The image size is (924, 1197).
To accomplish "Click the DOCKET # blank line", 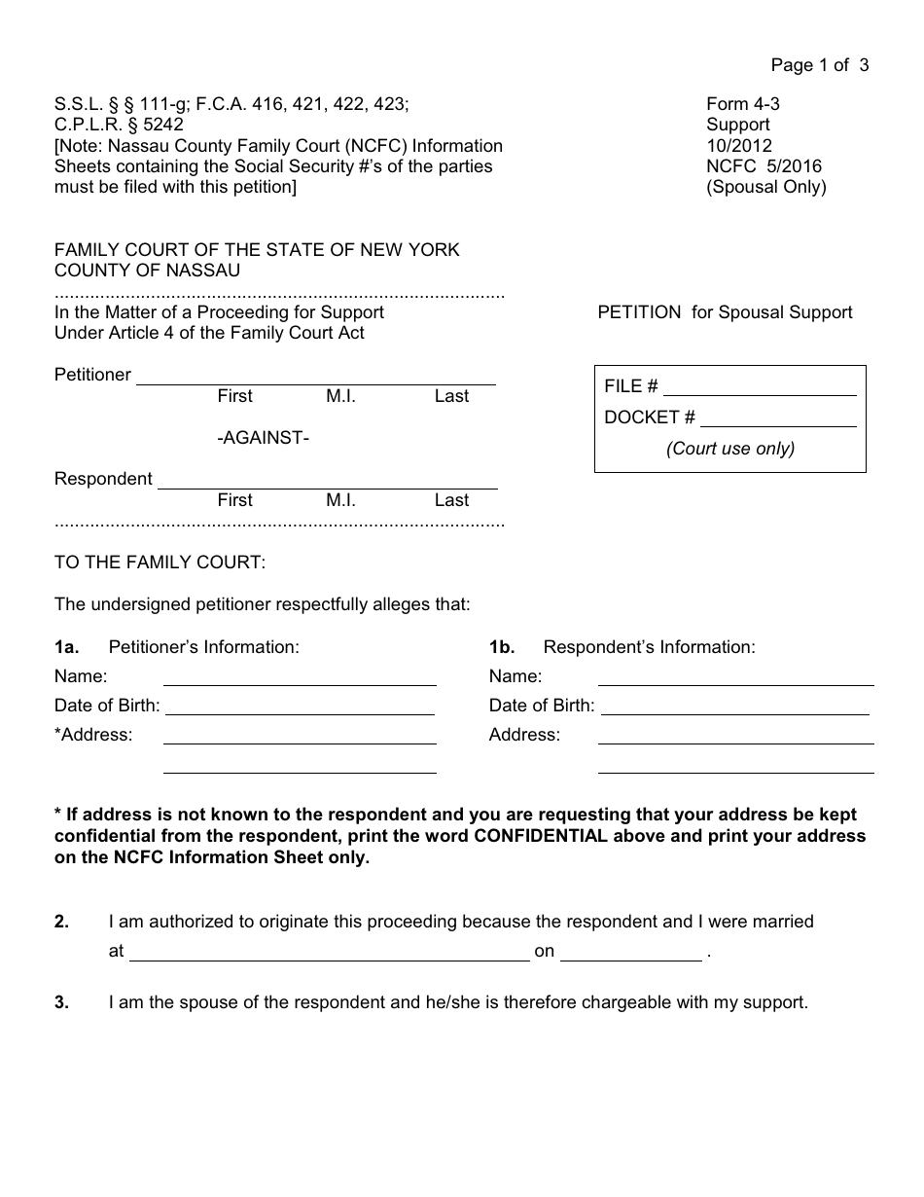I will point(778,418).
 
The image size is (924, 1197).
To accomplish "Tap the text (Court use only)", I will point(730,449).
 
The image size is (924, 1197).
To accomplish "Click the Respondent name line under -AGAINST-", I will point(327,481).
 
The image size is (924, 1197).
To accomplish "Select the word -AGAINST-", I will point(263,438).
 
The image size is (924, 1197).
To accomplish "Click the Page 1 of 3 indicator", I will point(819,65).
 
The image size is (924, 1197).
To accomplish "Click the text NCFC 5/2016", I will point(764,165).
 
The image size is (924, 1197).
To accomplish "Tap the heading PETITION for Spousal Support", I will point(725,312).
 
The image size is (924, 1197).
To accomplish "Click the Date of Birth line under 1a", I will point(300,707).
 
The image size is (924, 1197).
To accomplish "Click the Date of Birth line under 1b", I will point(734,707).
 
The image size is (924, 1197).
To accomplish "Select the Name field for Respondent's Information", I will point(735,678).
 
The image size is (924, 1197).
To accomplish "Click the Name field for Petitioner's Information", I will point(300,678).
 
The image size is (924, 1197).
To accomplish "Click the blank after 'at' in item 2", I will point(329,953).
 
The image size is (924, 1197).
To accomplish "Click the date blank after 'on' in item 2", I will point(631,953).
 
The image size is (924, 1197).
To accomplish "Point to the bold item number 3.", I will point(61,1002).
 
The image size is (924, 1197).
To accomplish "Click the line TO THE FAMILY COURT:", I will point(160,562).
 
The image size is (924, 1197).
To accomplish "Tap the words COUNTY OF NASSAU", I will point(147,271).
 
